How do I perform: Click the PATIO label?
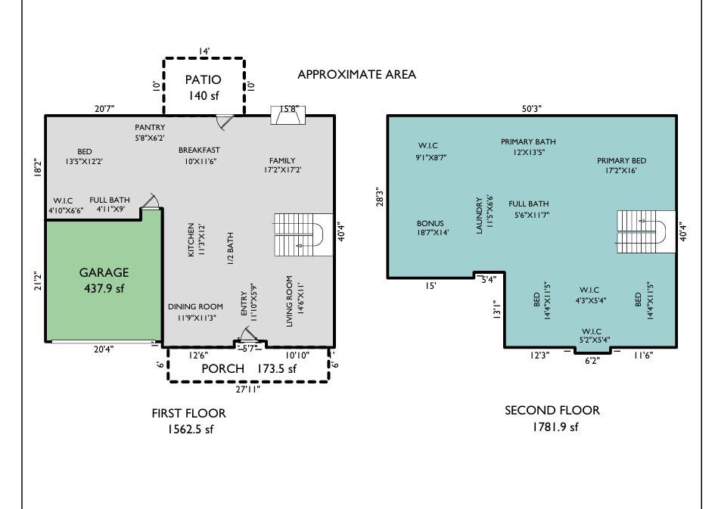click(x=204, y=79)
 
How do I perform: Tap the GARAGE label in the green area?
click(x=104, y=272)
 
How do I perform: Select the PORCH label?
click(x=222, y=368)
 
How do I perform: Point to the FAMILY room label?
click(x=282, y=160)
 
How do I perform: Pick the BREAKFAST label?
click(x=199, y=151)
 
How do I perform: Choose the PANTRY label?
click(x=150, y=128)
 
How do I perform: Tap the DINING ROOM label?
click(x=195, y=306)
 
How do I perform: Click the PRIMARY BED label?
click(x=621, y=161)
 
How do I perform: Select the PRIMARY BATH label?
click(x=528, y=141)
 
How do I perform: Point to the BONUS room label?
click(x=430, y=224)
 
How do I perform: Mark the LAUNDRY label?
click(x=480, y=216)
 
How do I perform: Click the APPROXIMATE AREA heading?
click(x=356, y=75)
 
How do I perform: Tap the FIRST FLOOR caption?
click(x=188, y=414)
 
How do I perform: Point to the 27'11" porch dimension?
click(x=248, y=389)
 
